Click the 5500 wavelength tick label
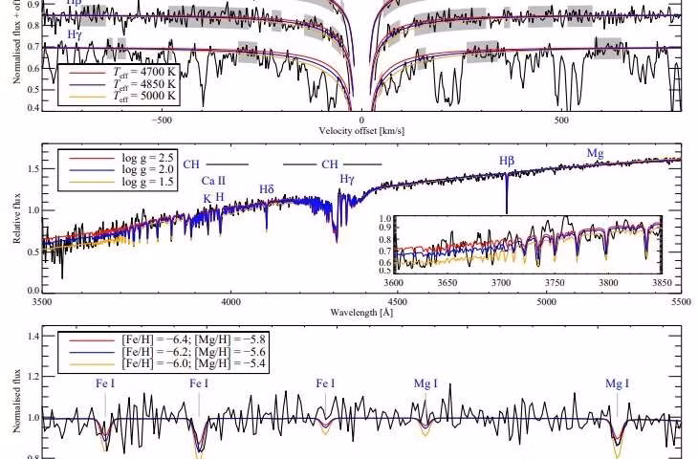[x=680, y=300]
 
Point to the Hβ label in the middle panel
[x=507, y=162]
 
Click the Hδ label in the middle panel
[x=267, y=188]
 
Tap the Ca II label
[x=213, y=180]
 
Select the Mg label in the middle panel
[x=595, y=153]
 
